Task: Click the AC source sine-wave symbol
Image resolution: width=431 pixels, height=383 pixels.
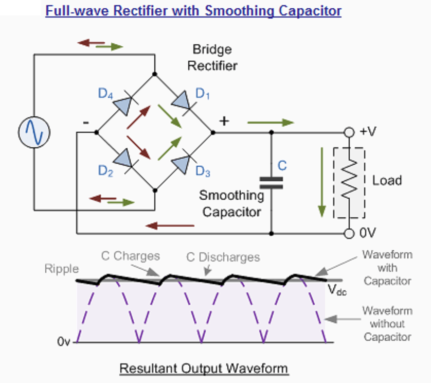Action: coord(34,132)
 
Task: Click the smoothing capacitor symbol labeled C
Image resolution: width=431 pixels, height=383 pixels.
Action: coord(271,182)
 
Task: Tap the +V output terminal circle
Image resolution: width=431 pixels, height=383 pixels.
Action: coord(349,132)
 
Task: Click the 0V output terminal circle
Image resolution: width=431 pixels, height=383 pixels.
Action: coord(349,233)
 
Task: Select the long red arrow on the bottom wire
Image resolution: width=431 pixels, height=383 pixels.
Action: coord(170,225)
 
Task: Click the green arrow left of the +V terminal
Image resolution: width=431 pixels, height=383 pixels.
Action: coord(271,123)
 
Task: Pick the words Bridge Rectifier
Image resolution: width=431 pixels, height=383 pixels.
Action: coord(212,58)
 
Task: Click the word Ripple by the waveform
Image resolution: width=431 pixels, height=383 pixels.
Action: coord(62,269)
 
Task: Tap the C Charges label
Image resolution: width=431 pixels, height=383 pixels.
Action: coord(130,256)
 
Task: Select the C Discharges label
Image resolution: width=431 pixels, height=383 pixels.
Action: coord(223,257)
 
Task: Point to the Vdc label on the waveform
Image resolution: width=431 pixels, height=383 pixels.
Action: coord(337,290)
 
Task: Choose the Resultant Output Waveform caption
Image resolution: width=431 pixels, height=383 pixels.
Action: coord(204,369)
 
